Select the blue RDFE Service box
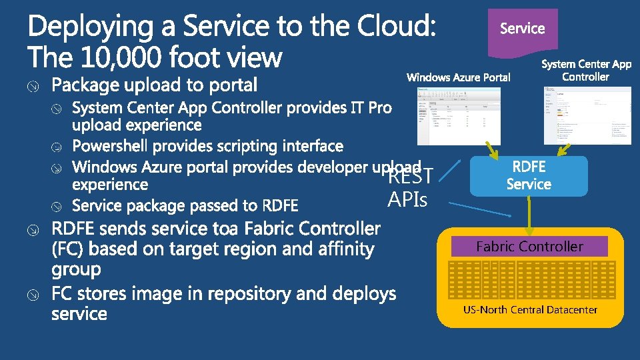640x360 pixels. click(529, 176)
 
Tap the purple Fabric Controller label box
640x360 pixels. click(529, 247)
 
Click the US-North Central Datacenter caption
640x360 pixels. click(530, 309)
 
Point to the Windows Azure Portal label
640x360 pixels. click(459, 77)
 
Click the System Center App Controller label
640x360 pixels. click(586, 70)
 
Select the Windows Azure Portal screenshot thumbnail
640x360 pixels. click(454, 117)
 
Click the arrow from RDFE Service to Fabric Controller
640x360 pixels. click(529, 214)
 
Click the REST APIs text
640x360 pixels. click(409, 187)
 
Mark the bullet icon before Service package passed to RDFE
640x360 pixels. click(59, 205)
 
